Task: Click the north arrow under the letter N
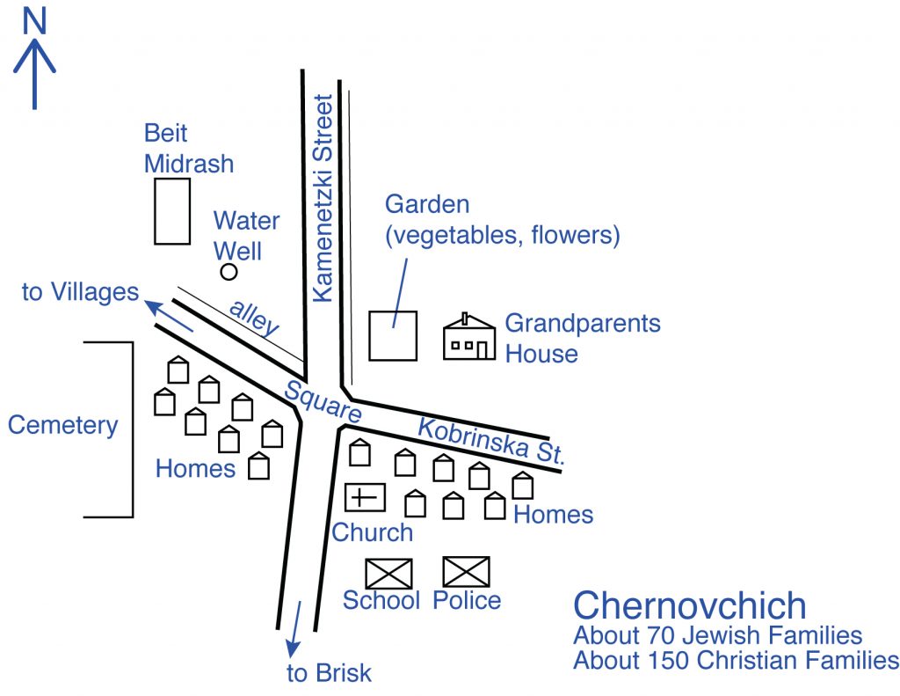click(x=34, y=74)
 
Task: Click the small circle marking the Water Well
click(x=229, y=271)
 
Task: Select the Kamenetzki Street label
click(x=323, y=198)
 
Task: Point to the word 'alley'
click(x=254, y=317)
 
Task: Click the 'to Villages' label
click(x=80, y=292)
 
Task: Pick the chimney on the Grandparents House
click(x=465, y=319)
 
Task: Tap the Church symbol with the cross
click(x=365, y=497)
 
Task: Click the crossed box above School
click(x=388, y=574)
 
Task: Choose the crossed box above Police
click(x=467, y=572)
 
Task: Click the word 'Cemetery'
click(x=62, y=426)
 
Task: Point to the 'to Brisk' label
click(x=329, y=673)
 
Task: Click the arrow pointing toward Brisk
click(x=295, y=629)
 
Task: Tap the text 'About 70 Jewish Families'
click(x=717, y=635)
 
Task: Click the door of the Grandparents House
click(x=483, y=350)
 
